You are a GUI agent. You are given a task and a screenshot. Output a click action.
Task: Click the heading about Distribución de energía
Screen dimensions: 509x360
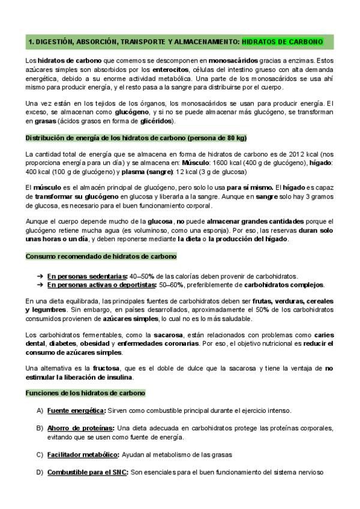point(136,137)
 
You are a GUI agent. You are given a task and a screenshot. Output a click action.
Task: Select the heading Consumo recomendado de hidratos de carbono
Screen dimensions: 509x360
point(101,256)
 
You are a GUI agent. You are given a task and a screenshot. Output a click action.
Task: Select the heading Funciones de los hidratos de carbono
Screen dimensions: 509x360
point(85,393)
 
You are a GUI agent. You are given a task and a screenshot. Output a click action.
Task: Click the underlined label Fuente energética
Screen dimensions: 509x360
point(76,411)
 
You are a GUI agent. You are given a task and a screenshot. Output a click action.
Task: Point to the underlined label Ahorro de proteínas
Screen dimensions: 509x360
point(80,428)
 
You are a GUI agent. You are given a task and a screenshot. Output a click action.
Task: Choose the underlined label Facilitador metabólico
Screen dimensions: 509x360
point(83,454)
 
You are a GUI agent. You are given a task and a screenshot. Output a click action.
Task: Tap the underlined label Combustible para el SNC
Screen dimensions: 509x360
point(88,472)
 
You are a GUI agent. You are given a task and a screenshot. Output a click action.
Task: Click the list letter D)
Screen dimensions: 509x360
point(40,472)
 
